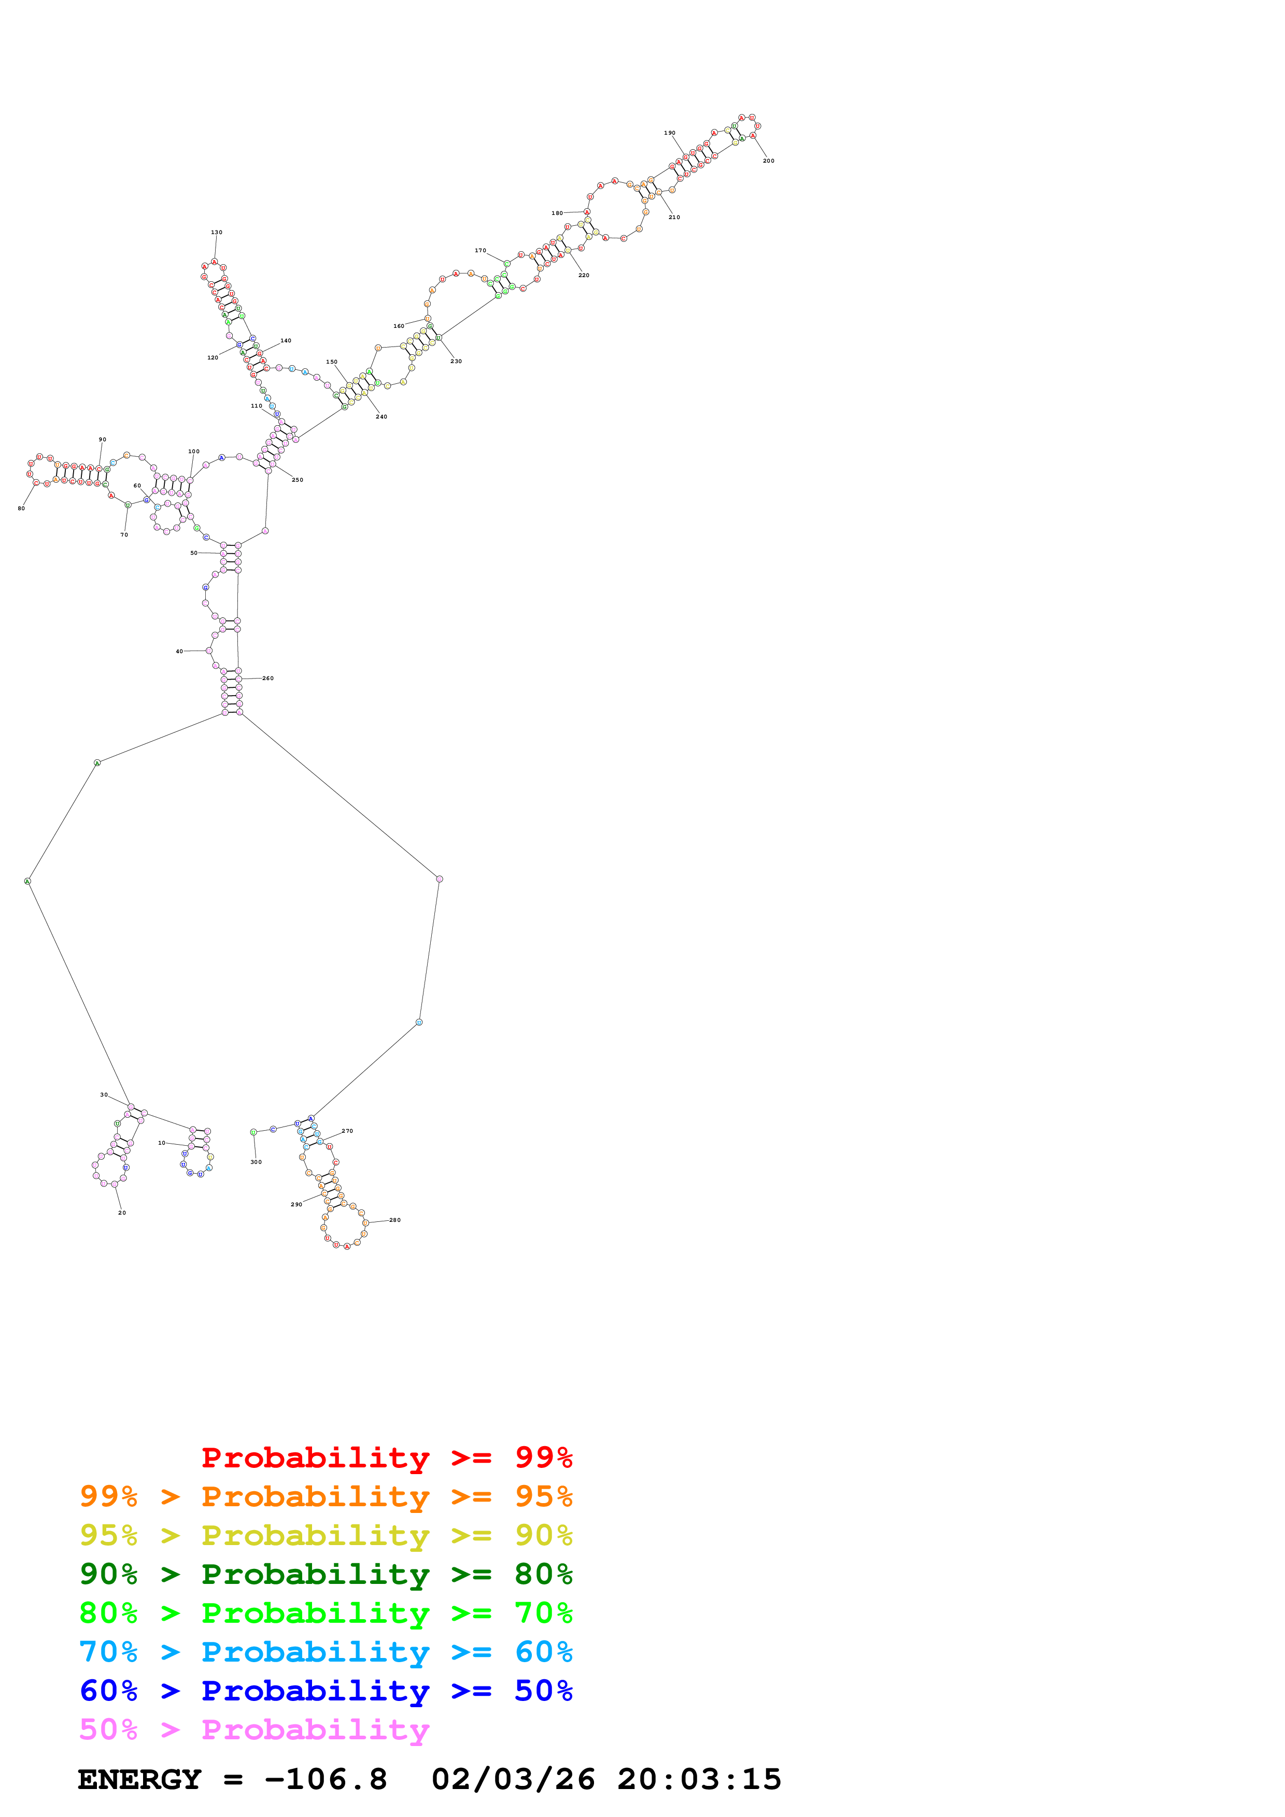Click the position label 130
(216, 233)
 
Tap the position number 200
(768, 161)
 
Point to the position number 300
(256, 1162)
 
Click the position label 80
(21, 508)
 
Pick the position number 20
(122, 1213)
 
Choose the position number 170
(481, 251)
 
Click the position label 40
(179, 651)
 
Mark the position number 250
(297, 480)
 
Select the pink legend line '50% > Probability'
(253, 1730)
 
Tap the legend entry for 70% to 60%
(326, 1652)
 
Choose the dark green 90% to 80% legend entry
(326, 1574)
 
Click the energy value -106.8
(326, 1780)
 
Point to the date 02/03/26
(513, 1780)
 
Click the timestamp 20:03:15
(699, 1780)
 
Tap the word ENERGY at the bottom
(139, 1780)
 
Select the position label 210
(674, 217)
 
